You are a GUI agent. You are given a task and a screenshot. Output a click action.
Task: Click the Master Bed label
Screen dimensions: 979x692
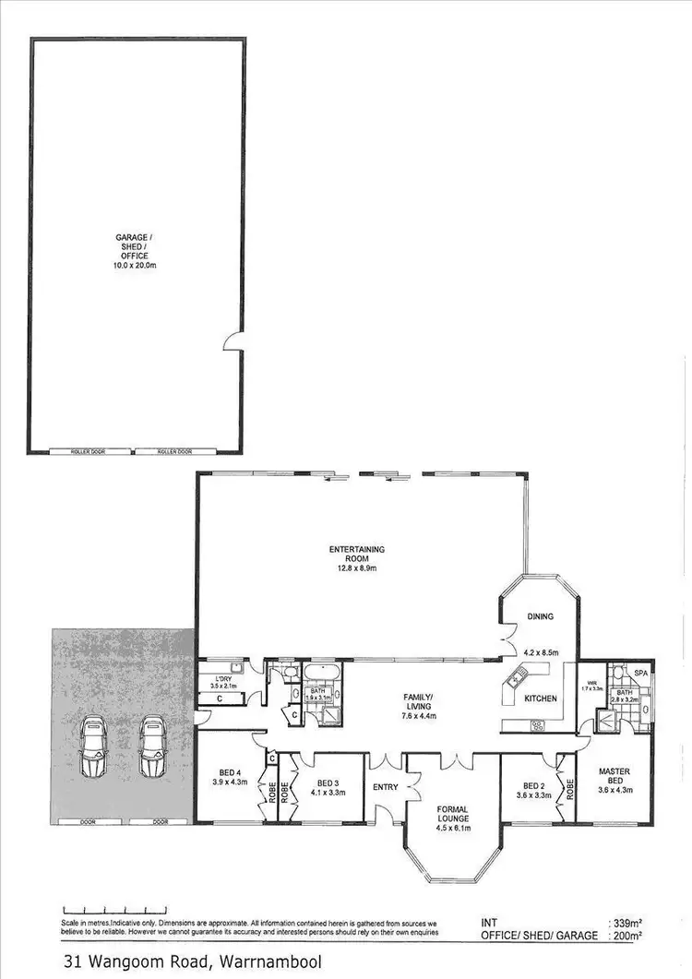pos(614,776)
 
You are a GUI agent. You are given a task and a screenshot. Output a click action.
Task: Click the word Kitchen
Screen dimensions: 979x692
pos(540,698)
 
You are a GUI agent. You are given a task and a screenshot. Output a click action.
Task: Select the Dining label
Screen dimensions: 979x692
pos(539,616)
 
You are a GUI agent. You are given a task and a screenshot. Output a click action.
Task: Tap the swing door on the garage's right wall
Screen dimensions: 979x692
pos(235,342)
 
